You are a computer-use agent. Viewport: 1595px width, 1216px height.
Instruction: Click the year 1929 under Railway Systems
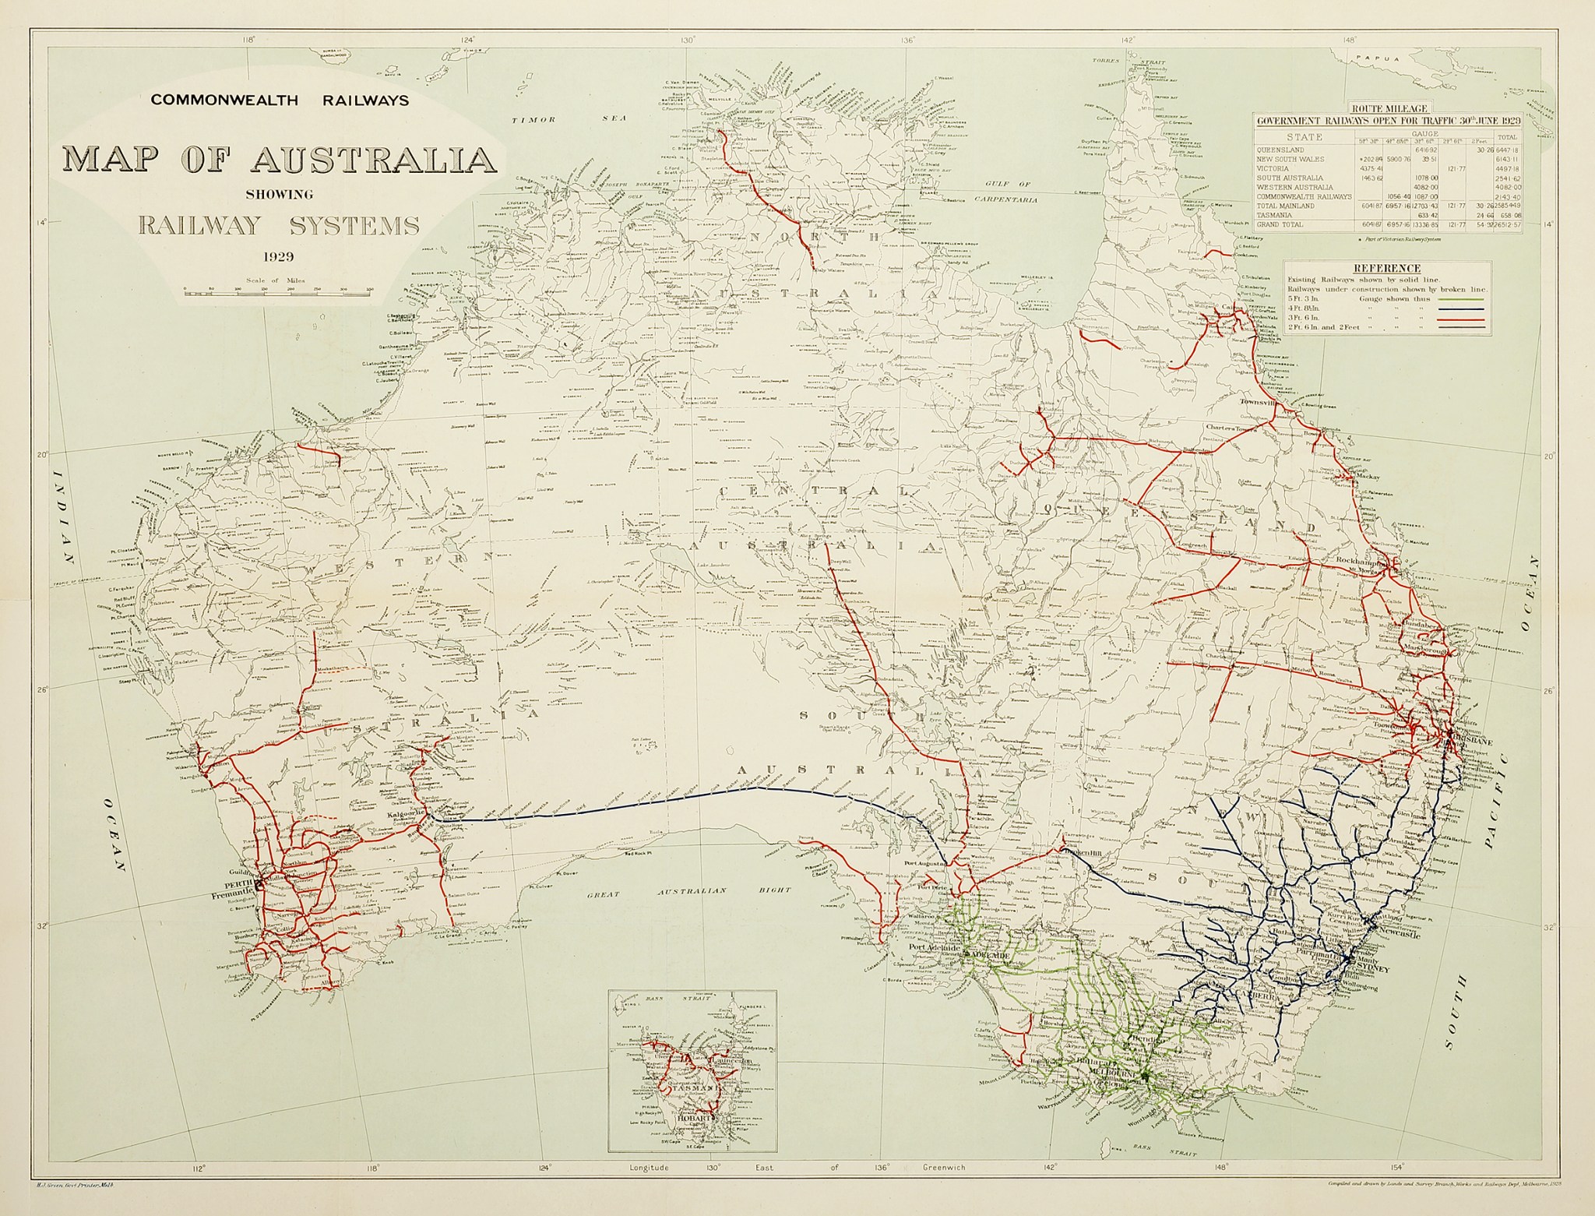click(279, 255)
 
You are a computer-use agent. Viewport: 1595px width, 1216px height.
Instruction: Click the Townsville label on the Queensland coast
click(1262, 402)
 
